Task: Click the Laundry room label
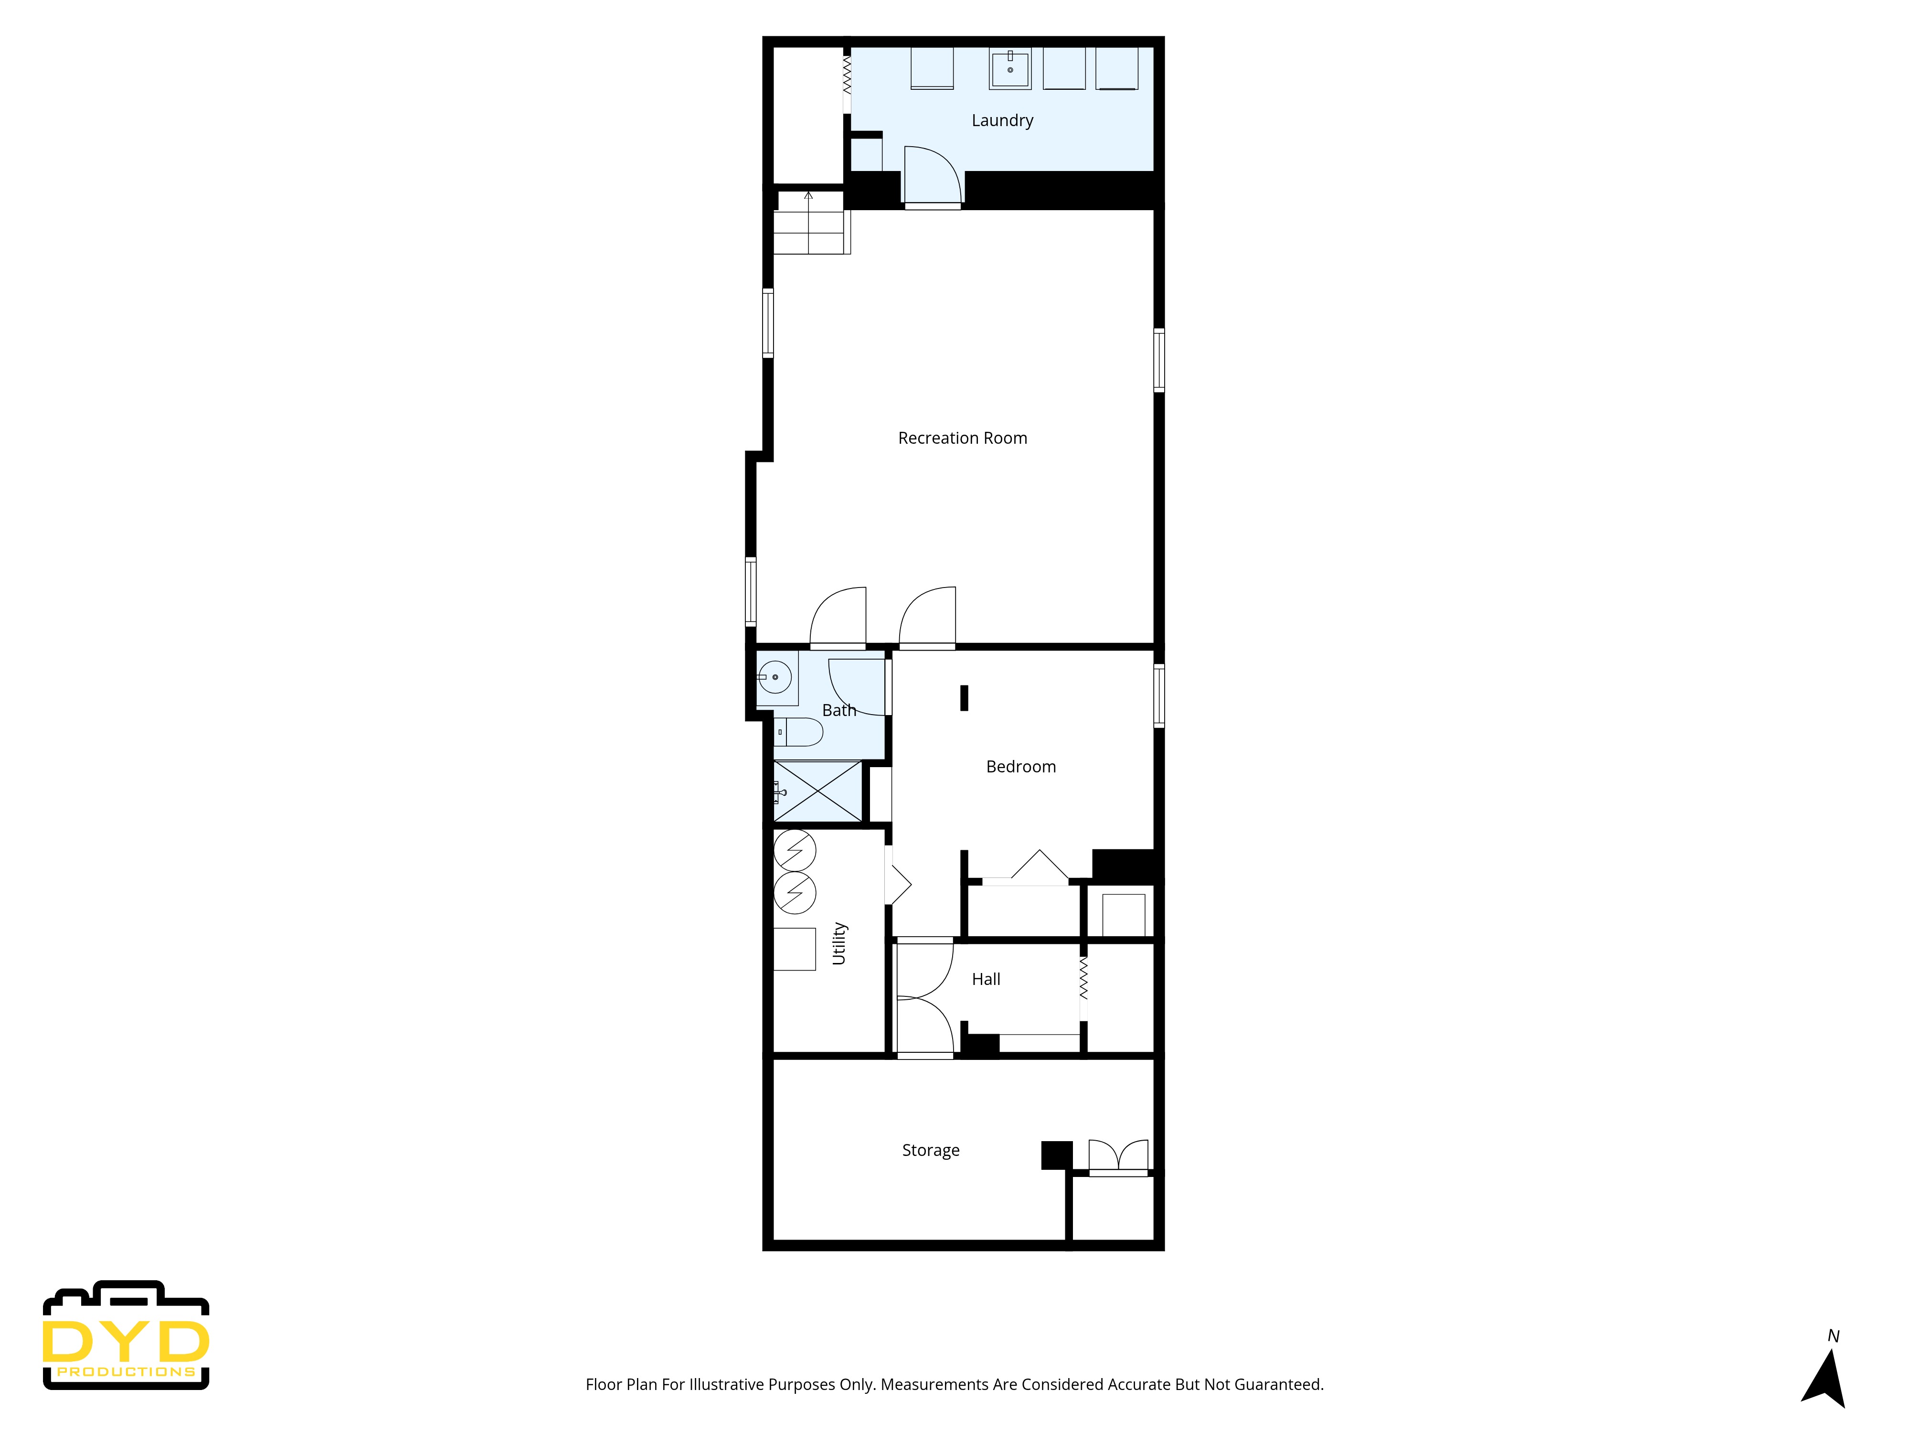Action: pos(1002,120)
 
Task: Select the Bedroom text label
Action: pos(1020,766)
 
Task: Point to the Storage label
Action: pos(930,1150)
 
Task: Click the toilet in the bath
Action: pos(799,732)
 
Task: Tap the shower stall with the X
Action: pos(817,791)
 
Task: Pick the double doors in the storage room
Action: pos(1118,1156)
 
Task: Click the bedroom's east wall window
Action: pos(1159,695)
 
